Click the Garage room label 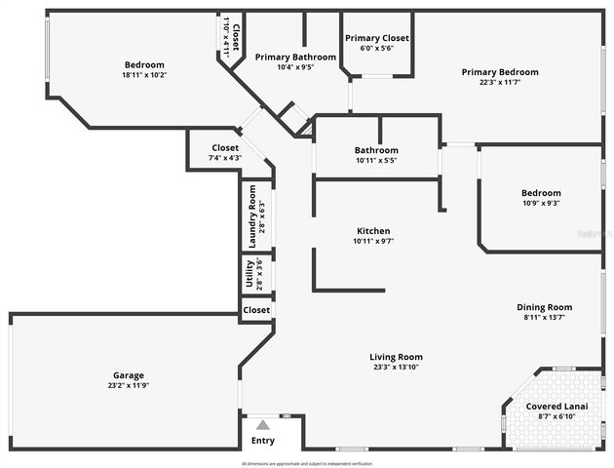click(x=128, y=375)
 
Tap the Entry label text click(x=263, y=441)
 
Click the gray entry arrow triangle click(x=262, y=424)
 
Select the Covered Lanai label click(x=556, y=406)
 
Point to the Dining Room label click(x=544, y=307)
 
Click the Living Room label click(x=396, y=357)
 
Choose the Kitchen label click(x=373, y=230)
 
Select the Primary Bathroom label click(x=295, y=58)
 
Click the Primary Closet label click(x=377, y=38)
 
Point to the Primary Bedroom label click(x=499, y=72)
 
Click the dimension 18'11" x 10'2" click(x=144, y=75)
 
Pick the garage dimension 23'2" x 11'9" click(x=128, y=386)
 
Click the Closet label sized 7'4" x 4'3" click(x=225, y=148)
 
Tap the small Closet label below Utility click(x=256, y=310)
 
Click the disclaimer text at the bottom click(x=307, y=463)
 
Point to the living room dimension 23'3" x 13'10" click(x=396, y=368)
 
